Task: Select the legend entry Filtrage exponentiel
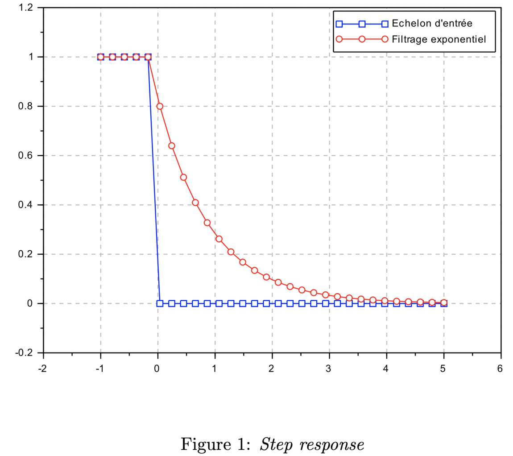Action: [x=438, y=39]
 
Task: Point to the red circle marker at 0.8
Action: [x=160, y=106]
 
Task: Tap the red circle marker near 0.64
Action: [x=172, y=145]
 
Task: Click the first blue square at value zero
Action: [x=160, y=303]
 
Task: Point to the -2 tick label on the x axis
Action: [x=43, y=369]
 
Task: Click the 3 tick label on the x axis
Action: [x=329, y=369]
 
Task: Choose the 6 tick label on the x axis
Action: [x=500, y=369]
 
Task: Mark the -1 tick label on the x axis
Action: [x=100, y=369]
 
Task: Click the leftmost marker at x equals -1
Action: [x=100, y=57]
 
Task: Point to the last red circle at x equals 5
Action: [x=443, y=303]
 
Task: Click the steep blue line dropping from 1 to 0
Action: [x=154, y=178]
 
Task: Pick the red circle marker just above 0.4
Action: [x=195, y=203]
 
